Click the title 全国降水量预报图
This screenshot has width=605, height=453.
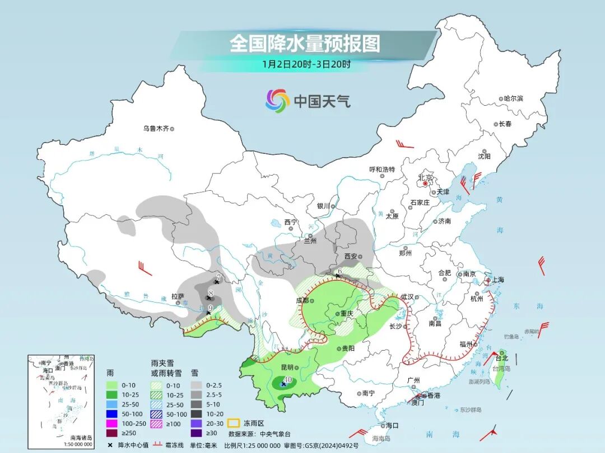coord(305,44)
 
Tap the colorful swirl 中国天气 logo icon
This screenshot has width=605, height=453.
coord(277,101)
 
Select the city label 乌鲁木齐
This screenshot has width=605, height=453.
coord(155,129)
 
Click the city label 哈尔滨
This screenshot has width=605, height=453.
coord(513,98)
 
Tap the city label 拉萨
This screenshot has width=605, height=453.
coord(178,296)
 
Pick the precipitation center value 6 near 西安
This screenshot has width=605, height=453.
coord(339,271)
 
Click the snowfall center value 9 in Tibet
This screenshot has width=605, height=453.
coord(210,308)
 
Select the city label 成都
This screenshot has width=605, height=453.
coord(302,300)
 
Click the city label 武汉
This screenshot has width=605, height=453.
coord(407,297)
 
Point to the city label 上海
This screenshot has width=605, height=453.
coord(496,280)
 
